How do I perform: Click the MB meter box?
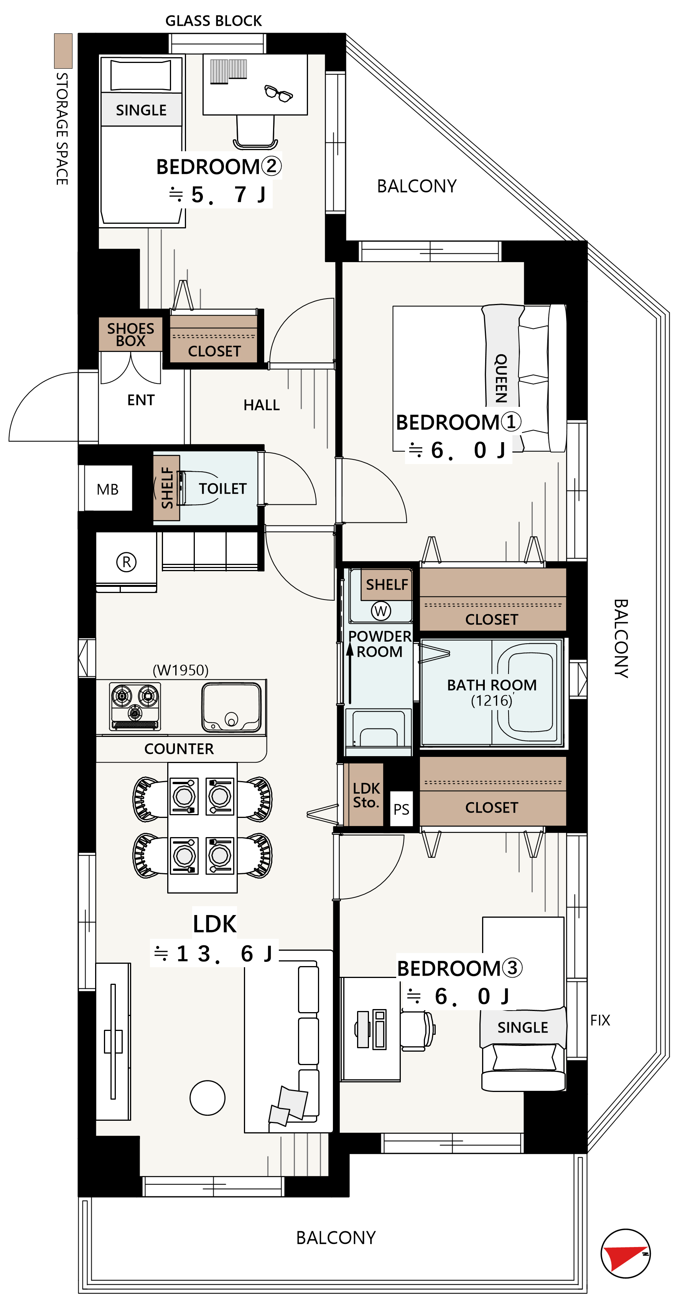point(108,489)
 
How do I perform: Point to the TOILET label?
point(222,489)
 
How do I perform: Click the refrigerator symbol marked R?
point(126,562)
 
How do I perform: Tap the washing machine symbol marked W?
point(381,611)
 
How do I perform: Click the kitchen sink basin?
point(232,707)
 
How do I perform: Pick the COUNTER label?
point(179,748)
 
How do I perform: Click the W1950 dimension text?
point(181,670)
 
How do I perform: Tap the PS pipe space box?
point(401,809)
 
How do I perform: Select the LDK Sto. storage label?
point(366,795)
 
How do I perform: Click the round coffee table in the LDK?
point(207,1098)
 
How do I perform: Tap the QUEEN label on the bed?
point(501,378)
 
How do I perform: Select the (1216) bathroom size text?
point(491,700)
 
